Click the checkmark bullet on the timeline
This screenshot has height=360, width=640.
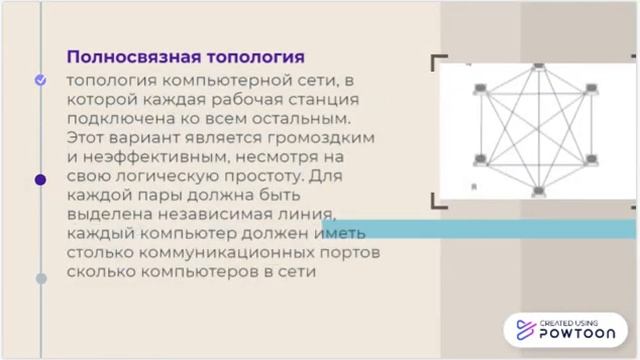[x=41, y=79]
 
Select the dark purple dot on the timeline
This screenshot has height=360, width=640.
[x=41, y=180]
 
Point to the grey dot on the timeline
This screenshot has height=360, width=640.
[x=41, y=278]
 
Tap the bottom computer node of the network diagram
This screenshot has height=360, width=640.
[x=538, y=190]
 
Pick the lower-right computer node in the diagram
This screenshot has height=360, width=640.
[x=592, y=160]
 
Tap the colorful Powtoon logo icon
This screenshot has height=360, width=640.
[x=523, y=330]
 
